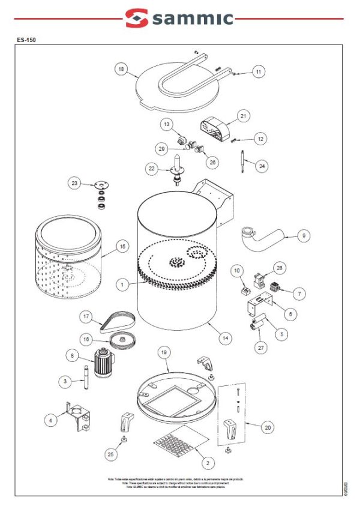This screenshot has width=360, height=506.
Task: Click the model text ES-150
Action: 26,40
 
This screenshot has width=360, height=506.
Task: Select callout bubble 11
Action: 258,72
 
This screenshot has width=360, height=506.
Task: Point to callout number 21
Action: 243,115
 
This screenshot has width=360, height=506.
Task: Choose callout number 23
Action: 75,184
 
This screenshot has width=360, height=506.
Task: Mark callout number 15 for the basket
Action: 122,246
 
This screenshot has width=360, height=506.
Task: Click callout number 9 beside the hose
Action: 304,236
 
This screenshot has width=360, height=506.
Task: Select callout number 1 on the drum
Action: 122,285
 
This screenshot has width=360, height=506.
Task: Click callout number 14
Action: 224,339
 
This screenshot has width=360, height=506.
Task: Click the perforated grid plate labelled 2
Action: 178,442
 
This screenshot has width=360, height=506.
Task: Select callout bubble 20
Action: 268,427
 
